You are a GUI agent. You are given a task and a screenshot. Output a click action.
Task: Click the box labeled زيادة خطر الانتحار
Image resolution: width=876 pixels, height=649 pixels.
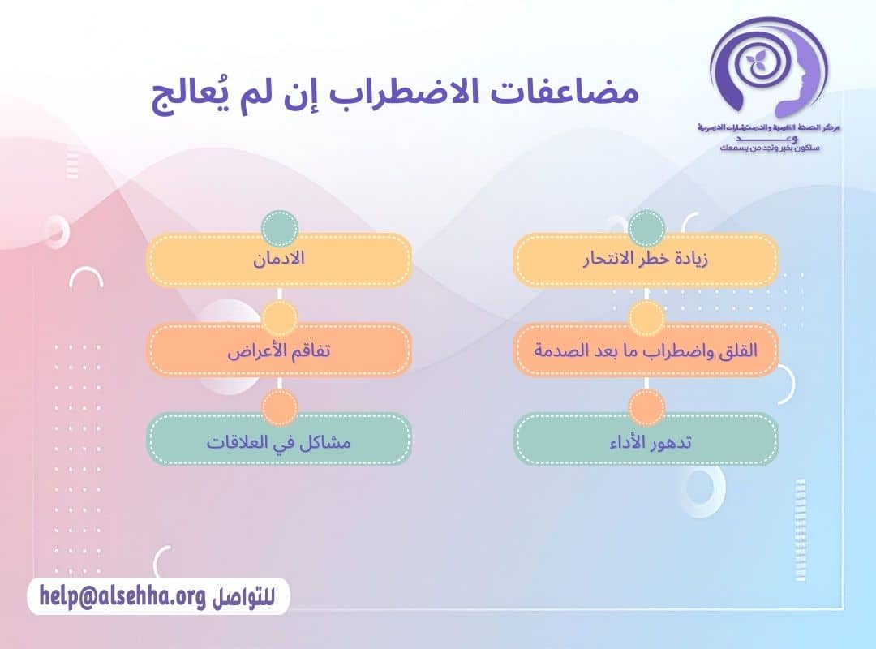[646, 260]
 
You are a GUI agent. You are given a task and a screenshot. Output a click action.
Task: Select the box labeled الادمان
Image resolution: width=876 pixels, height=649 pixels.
[278, 260]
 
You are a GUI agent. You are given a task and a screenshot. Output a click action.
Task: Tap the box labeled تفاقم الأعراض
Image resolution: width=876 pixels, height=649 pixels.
[278, 350]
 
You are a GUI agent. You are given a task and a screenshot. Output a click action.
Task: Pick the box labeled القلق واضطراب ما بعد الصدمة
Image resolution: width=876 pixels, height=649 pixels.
[646, 350]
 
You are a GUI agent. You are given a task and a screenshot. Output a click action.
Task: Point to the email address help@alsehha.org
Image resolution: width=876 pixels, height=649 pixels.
[122, 597]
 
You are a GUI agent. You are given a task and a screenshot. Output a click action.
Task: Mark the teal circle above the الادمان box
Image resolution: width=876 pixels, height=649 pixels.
[280, 228]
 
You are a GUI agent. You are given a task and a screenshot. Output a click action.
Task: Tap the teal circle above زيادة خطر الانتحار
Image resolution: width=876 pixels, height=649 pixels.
[646, 228]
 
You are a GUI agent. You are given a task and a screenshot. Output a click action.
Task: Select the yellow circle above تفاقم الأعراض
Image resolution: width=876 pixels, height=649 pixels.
[280, 318]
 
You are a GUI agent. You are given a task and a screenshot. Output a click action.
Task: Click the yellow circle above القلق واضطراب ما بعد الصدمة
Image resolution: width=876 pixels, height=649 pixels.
[646, 318]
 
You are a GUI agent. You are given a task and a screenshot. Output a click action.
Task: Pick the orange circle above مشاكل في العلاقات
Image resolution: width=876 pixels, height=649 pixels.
[280, 408]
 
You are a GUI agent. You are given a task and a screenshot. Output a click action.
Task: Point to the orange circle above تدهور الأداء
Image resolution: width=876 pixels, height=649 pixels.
[646, 408]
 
